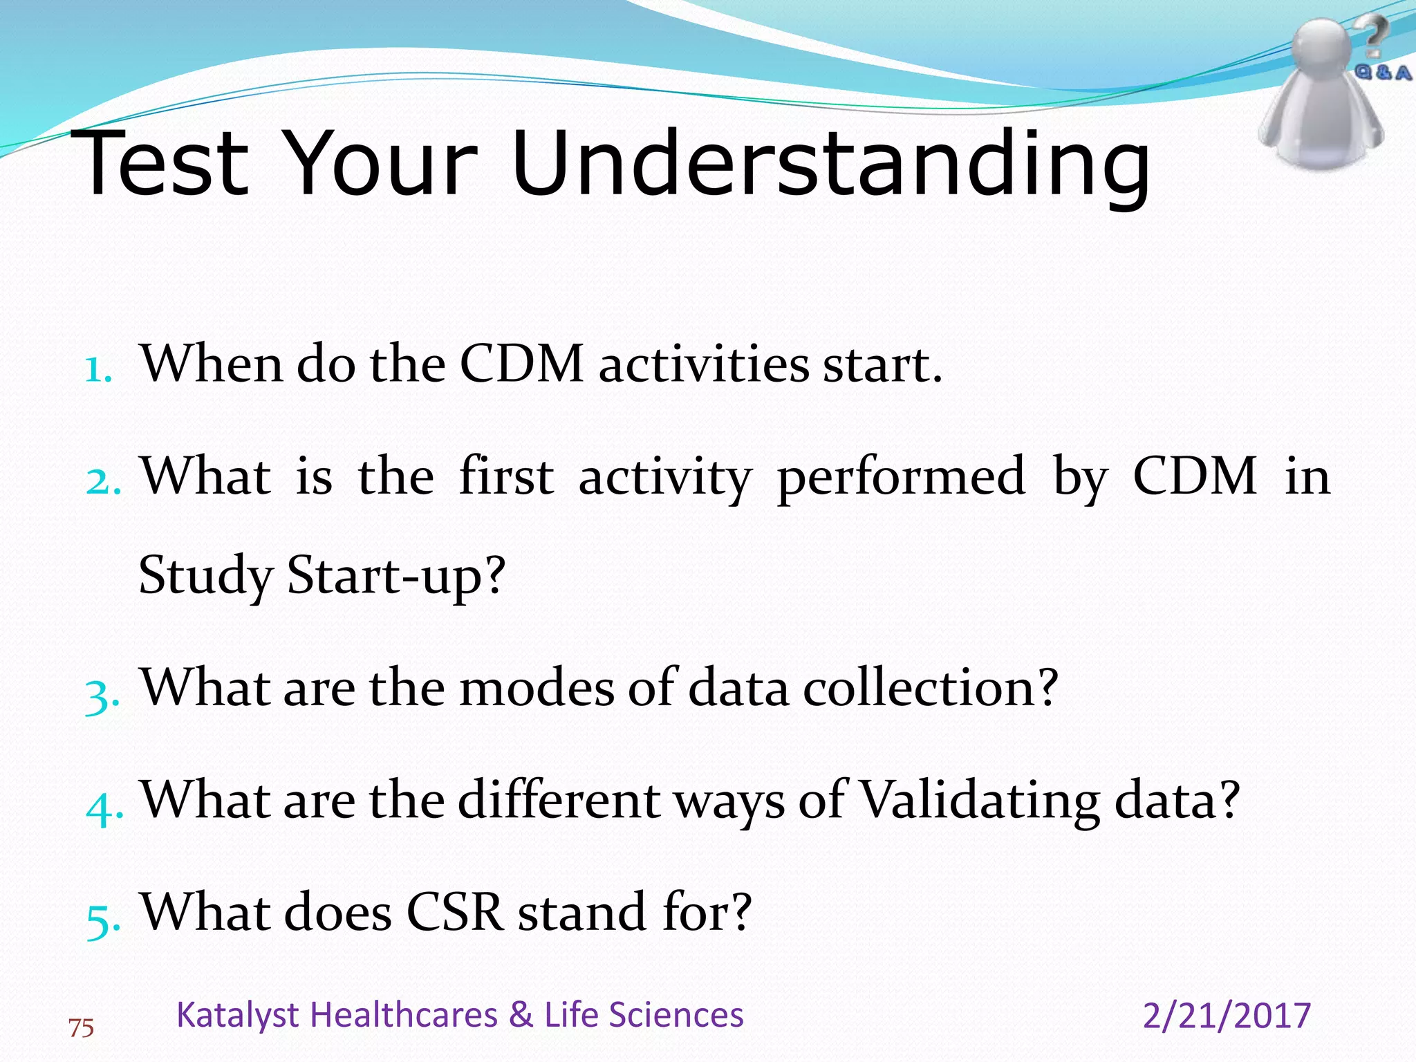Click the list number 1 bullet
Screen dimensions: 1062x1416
coord(98,369)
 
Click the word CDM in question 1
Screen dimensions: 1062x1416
coord(521,364)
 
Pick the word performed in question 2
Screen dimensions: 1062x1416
coord(900,477)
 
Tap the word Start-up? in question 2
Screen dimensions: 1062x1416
coord(397,575)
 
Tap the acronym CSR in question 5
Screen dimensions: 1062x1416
coord(454,913)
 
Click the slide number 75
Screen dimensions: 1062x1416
coord(82,1029)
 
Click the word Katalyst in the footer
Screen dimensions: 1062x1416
coord(237,1015)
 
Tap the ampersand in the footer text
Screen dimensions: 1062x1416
coord(521,1015)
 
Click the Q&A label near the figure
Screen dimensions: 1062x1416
coord(1382,72)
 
